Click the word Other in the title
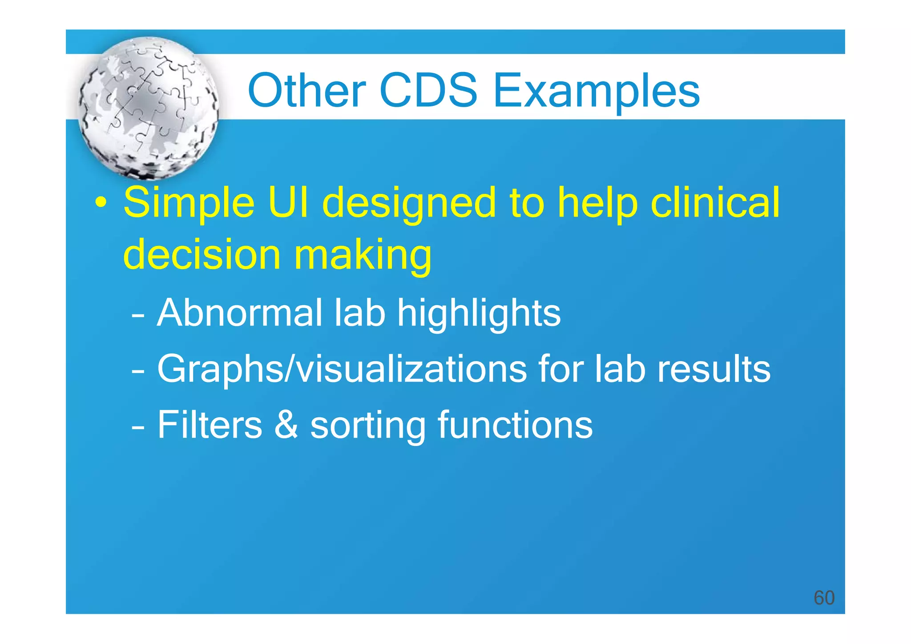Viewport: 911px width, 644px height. pos(306,91)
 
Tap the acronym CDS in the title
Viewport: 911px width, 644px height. pos(428,91)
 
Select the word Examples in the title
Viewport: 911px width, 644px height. pos(596,92)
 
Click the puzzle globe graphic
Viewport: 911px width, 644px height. pos(148,108)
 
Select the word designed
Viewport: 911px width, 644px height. pos(408,204)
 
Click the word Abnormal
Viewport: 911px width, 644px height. pos(239,313)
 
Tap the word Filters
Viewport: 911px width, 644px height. pos(210,425)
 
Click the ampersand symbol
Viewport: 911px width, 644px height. pos(286,425)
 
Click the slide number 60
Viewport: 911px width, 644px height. pos(824,598)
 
